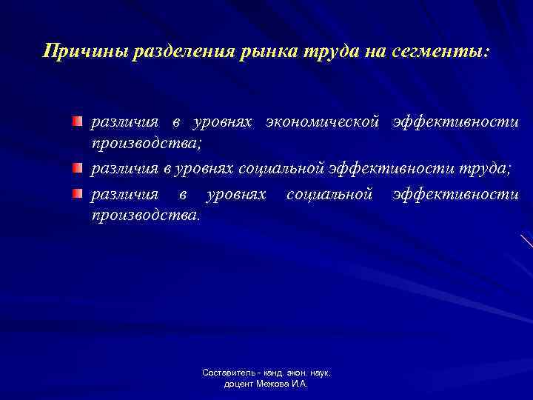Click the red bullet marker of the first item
77,120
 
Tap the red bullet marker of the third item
77,194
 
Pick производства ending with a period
144,216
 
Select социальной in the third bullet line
328,194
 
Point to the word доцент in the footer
238,385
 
